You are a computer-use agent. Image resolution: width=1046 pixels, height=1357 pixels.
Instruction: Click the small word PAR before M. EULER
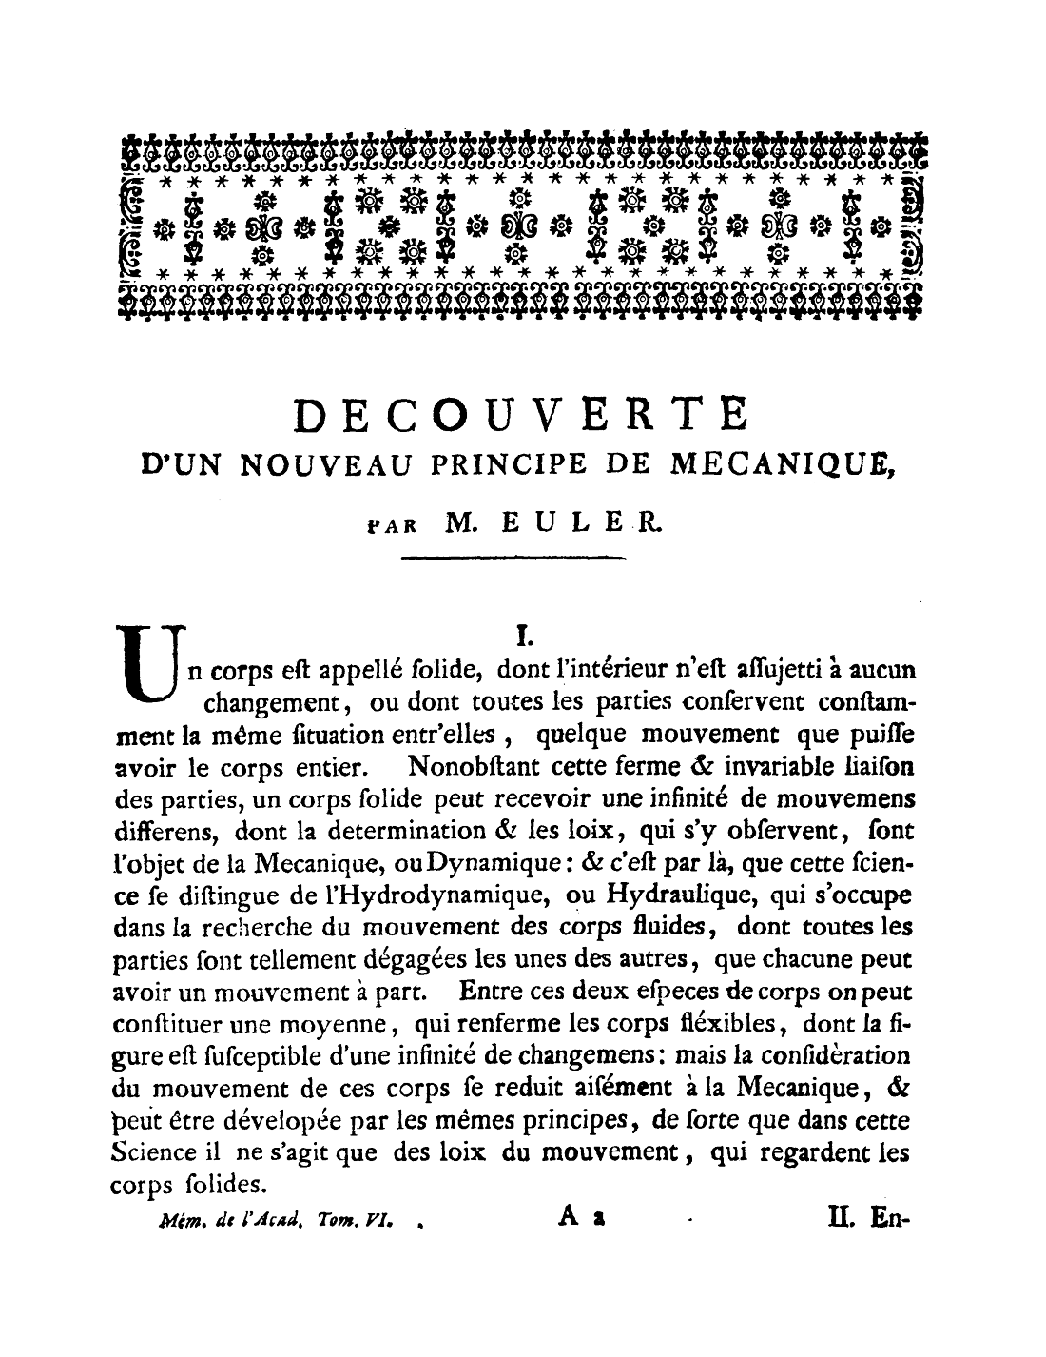(x=388, y=524)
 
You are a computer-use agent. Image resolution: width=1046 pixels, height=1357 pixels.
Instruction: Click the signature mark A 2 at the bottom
(x=577, y=1215)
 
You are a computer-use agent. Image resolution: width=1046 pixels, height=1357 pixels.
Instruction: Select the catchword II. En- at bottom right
(x=868, y=1215)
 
